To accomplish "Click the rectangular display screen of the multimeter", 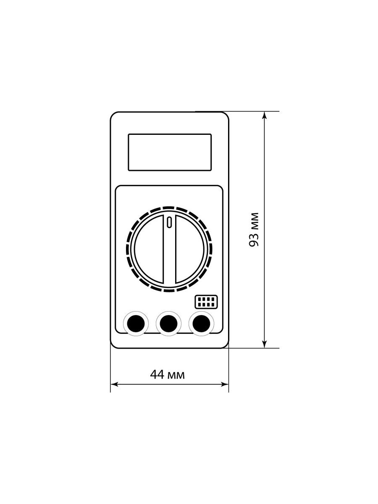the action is point(170,152).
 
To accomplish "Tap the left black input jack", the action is point(136,323).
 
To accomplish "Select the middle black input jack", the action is point(168,323).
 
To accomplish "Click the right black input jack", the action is point(201,323).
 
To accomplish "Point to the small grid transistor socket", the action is point(206,302).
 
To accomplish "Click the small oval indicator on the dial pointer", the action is point(169,222).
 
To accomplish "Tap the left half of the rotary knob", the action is point(149,249).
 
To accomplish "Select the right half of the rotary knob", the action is point(189,249).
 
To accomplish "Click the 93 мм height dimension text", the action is point(254,230).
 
